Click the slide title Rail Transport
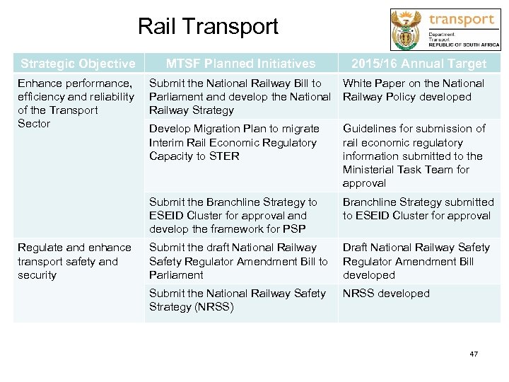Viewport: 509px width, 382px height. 208,27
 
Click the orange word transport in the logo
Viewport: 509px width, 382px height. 462,19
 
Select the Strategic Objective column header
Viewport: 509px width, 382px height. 78,64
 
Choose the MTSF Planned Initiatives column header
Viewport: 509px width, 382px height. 240,64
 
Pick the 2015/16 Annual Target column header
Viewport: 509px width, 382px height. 419,64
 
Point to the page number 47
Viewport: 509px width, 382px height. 474,354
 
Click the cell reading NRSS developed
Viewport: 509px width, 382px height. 386,294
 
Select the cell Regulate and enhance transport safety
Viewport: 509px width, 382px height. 74,261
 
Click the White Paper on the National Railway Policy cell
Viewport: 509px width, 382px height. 414,90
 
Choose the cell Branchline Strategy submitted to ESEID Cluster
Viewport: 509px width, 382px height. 418,209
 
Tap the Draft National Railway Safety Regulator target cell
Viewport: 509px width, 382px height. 416,261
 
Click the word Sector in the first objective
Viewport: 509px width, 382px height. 34,124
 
